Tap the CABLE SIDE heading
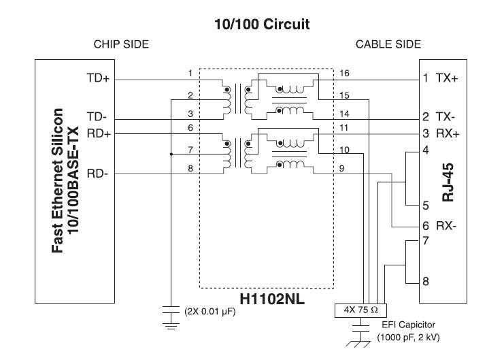coord(388,44)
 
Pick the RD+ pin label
coord(98,133)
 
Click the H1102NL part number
coord(266,299)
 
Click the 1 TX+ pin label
coord(441,78)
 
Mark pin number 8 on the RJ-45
coord(426,279)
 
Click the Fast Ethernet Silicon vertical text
coord(58,178)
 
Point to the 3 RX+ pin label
coord(441,133)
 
